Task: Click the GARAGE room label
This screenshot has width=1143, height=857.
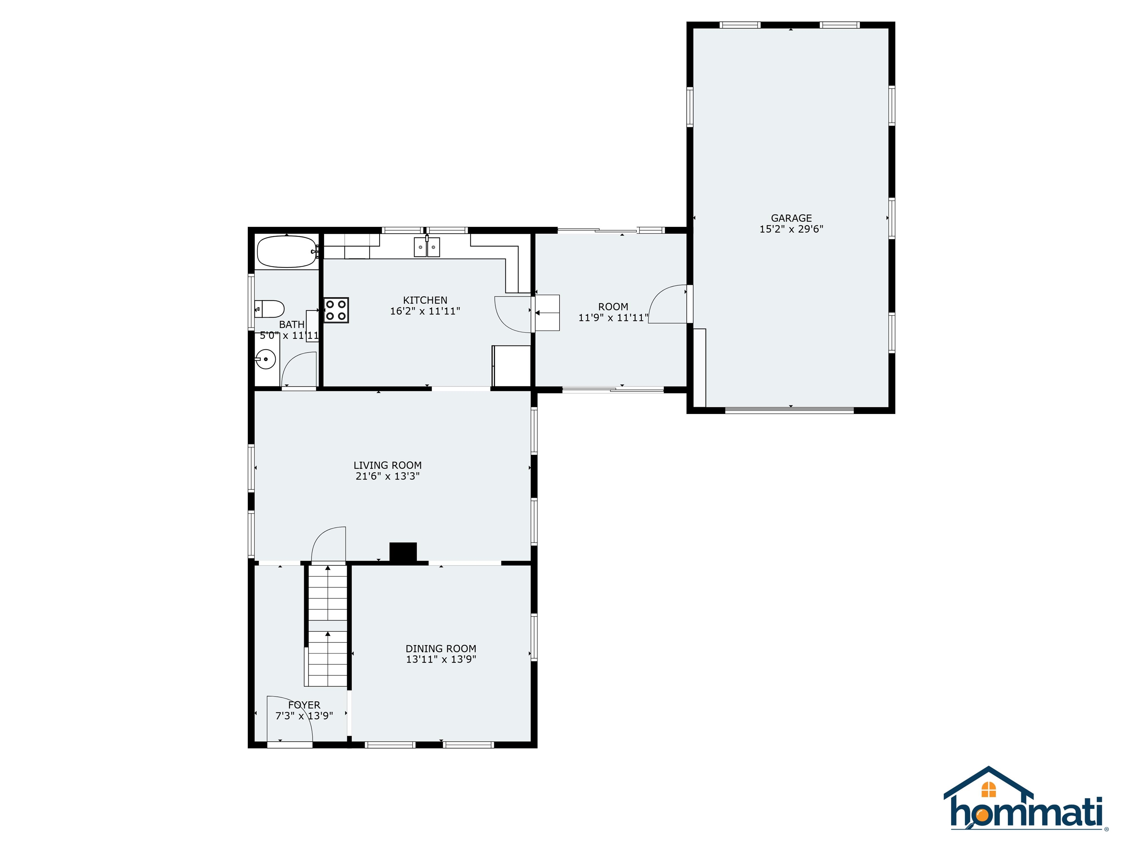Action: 791,218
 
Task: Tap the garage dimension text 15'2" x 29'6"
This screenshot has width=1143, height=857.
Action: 791,229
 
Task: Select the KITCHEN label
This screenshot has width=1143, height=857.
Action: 425,300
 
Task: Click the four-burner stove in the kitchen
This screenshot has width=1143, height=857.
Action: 336,310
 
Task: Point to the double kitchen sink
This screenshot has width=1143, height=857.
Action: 427,247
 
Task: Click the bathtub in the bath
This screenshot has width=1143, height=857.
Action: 286,251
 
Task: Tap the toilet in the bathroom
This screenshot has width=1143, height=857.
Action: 269,309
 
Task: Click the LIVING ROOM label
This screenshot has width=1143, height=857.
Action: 388,465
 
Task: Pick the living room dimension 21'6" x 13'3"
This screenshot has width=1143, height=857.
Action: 388,476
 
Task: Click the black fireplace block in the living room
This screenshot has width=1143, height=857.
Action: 403,552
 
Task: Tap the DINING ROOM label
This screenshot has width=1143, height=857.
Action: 441,648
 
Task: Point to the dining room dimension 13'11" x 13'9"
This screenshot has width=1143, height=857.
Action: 441,659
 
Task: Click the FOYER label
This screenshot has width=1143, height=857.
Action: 304,705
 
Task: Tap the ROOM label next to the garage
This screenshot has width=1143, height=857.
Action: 613,307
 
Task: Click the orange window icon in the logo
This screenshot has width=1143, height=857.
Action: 989,789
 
